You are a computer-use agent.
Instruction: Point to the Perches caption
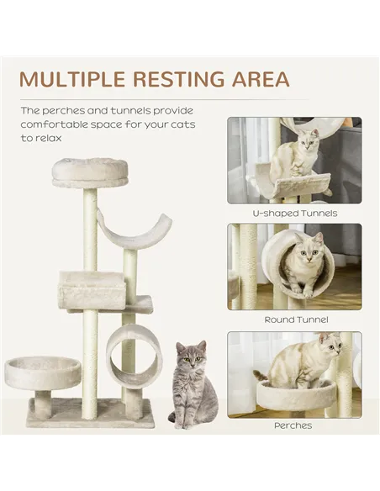[x=293, y=425]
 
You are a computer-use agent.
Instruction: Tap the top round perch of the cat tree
[x=90, y=171]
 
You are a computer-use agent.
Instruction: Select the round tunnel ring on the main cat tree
[x=134, y=353]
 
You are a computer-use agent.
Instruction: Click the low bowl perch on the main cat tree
[x=43, y=372]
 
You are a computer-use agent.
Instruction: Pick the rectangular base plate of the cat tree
[x=90, y=413]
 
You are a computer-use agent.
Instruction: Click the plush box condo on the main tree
[x=91, y=288]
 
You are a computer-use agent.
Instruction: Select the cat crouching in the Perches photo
[x=303, y=362]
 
